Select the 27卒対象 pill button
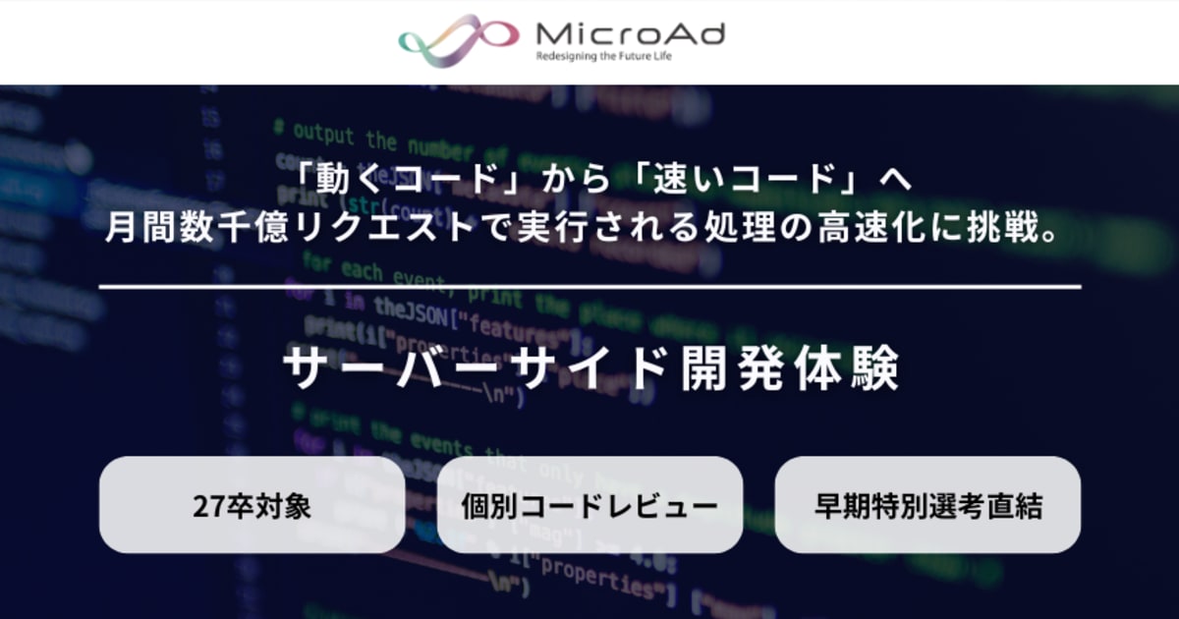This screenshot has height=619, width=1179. pos(252,505)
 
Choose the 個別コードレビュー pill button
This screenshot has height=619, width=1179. pos(589,505)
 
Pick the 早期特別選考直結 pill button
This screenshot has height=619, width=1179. pos(927,505)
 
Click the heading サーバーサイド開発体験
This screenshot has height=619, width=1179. pos(590,369)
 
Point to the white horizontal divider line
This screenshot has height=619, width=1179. pos(589,287)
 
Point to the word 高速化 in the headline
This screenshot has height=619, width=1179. pos(870,232)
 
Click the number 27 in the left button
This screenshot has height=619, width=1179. pos(206,506)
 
